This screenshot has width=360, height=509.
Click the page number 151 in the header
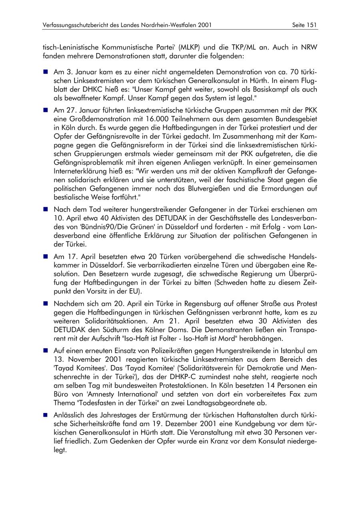(x=312, y=25)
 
